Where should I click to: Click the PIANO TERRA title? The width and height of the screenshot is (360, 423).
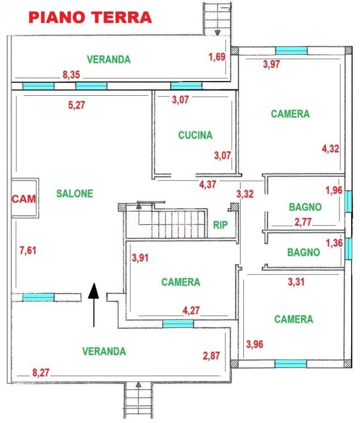tap(90, 18)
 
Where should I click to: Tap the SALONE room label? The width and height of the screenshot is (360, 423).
tap(75, 193)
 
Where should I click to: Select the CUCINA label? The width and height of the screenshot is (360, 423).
tap(195, 135)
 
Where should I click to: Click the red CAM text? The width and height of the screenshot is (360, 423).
tap(24, 199)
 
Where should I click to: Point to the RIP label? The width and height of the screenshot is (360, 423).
tap(220, 225)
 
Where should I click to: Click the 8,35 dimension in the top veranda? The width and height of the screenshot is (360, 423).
tap(72, 75)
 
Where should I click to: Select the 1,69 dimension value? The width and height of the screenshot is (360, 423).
tap(217, 57)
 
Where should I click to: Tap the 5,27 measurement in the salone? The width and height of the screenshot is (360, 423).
tap(77, 105)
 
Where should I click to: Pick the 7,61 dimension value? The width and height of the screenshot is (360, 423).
tap(28, 251)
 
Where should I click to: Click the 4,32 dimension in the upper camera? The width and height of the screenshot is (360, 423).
tap(331, 149)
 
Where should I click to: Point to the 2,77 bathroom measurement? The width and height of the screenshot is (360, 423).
tap(303, 222)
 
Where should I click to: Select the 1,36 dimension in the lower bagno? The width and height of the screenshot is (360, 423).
tap(334, 243)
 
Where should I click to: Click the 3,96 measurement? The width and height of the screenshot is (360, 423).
tap(254, 344)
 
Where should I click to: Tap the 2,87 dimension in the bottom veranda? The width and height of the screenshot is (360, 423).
tap(211, 356)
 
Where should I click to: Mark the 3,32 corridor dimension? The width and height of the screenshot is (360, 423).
tap(245, 194)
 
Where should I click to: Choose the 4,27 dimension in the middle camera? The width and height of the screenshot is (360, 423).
tap(191, 311)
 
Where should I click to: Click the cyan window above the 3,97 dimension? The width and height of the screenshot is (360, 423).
tap(291, 51)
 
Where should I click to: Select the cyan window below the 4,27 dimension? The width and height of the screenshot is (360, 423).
tap(178, 324)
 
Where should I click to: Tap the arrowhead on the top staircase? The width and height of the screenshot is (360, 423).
tap(217, 32)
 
